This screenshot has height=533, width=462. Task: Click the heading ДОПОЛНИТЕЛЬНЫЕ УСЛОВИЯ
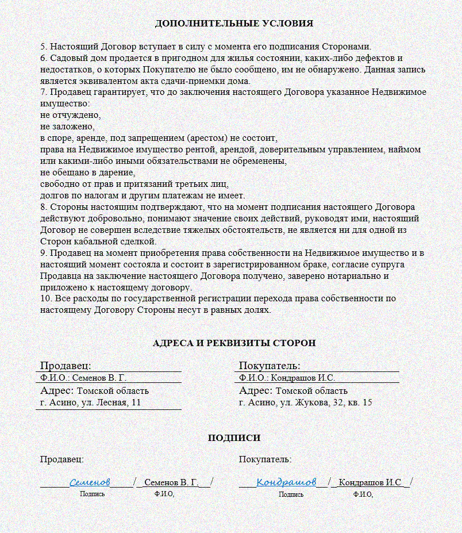click(x=234, y=24)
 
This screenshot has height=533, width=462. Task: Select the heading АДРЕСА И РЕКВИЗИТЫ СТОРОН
click(x=234, y=343)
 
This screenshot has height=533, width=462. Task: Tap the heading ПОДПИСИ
click(x=234, y=438)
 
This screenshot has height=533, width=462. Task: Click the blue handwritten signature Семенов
click(x=90, y=481)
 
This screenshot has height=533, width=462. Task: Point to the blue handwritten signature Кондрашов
click(x=286, y=481)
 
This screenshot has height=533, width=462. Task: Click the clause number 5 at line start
click(x=43, y=47)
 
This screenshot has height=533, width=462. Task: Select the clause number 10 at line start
click(x=45, y=299)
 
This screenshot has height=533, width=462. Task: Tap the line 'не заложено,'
click(x=67, y=126)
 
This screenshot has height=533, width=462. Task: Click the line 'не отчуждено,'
click(x=70, y=115)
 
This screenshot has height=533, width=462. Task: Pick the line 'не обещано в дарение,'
click(x=87, y=172)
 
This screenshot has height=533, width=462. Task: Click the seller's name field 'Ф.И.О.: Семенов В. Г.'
click(x=83, y=378)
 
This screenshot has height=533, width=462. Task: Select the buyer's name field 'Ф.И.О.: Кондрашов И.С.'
click(x=287, y=378)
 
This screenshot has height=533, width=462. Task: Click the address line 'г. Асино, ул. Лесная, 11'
click(x=90, y=402)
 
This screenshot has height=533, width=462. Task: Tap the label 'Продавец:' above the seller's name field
click(x=66, y=366)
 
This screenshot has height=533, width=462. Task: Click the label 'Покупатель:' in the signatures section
click(x=265, y=459)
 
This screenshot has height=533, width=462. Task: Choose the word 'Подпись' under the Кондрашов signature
click(x=291, y=494)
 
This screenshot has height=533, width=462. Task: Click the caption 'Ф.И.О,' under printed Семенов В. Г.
click(x=164, y=494)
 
